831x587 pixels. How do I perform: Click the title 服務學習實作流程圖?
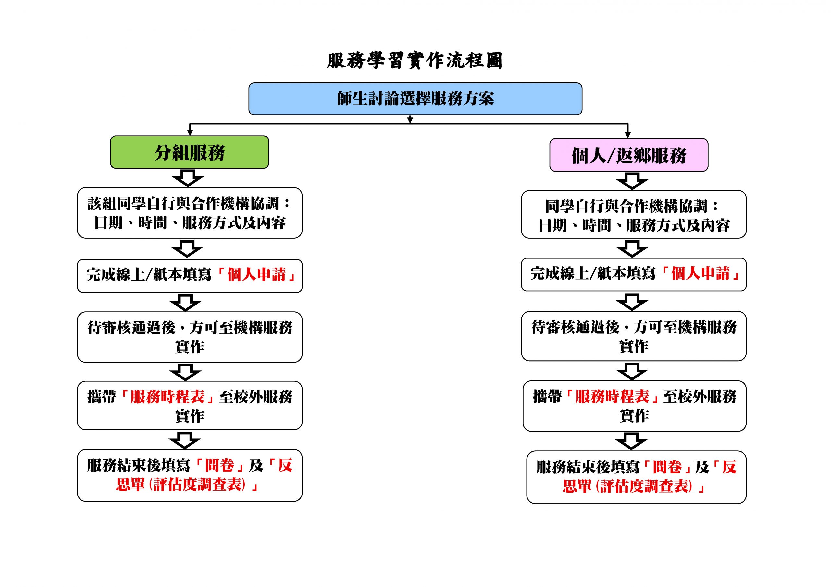click(415, 60)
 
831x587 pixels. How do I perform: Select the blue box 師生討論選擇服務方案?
click(415, 99)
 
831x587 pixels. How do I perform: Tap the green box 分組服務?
click(190, 152)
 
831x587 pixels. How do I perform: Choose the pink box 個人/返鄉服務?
click(629, 155)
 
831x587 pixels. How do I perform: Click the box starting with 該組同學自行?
click(190, 213)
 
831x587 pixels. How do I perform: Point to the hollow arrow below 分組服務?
click(188, 178)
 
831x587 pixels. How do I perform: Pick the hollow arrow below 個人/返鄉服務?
click(632, 181)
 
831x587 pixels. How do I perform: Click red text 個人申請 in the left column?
click(256, 274)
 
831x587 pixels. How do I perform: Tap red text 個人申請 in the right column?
click(700, 273)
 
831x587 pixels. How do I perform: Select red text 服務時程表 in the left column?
click(167, 397)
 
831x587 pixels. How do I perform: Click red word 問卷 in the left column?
click(219, 465)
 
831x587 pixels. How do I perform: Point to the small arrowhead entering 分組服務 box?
click(190, 133)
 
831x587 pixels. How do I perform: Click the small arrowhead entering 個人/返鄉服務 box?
click(627, 135)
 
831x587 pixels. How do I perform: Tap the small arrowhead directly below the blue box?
click(410, 119)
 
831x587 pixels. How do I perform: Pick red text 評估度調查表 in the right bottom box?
click(645, 486)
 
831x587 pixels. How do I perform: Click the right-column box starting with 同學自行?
click(634, 214)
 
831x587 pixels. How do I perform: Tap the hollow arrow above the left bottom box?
click(185, 440)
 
